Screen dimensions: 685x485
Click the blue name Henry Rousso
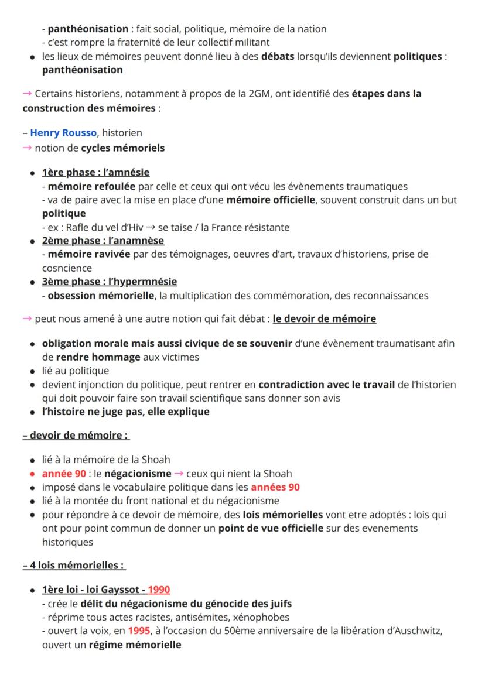click(63, 133)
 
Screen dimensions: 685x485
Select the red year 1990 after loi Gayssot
click(159, 589)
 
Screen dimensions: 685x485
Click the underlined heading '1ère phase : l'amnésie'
click(95, 172)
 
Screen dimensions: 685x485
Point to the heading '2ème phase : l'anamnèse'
click(103, 241)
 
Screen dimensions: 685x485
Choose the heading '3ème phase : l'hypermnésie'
click(109, 282)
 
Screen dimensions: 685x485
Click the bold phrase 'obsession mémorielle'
click(101, 296)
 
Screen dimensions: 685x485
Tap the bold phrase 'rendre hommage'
click(98, 357)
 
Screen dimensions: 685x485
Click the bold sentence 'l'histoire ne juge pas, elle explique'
click(125, 412)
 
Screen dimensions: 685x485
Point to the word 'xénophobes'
click(261, 617)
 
